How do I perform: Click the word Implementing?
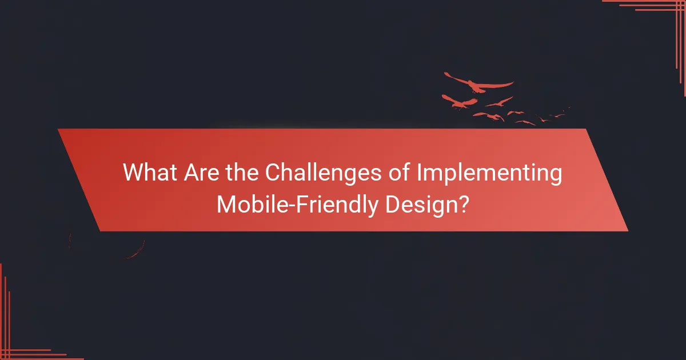pyautogui.click(x=489, y=174)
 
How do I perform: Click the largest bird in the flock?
pyautogui.click(x=478, y=85)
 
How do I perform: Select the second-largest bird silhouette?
pyautogui.click(x=460, y=102)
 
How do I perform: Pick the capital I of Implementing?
pyautogui.click(x=420, y=173)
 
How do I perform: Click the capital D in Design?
pyautogui.click(x=393, y=204)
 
